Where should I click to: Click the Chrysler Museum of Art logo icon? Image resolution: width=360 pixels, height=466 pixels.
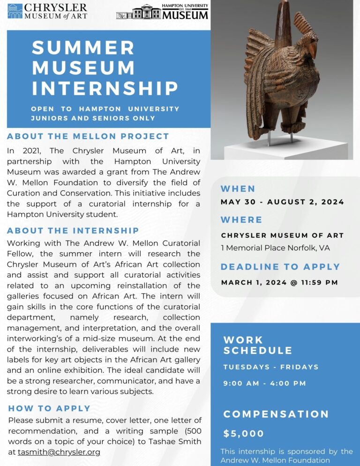(x=15, y=11)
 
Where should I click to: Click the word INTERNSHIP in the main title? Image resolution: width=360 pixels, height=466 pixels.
(x=105, y=88)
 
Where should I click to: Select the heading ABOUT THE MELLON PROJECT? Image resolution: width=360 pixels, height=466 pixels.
(x=88, y=136)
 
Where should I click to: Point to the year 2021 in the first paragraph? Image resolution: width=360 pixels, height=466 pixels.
(x=26, y=151)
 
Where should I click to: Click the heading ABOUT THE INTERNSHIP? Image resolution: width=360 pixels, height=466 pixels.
(x=73, y=231)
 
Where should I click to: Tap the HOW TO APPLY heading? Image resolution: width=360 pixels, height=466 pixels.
(x=49, y=408)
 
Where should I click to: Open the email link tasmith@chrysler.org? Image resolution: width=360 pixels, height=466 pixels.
(x=59, y=452)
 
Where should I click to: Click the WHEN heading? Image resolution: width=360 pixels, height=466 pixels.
(x=238, y=189)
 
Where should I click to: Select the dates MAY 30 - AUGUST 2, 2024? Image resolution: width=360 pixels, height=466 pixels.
(x=282, y=203)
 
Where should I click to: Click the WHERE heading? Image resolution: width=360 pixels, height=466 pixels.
(x=241, y=220)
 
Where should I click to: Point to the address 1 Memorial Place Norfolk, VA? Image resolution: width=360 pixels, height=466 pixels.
(x=275, y=248)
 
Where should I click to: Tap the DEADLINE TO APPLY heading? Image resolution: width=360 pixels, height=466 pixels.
(x=280, y=267)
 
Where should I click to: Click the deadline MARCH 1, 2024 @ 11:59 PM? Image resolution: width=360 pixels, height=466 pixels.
(x=279, y=283)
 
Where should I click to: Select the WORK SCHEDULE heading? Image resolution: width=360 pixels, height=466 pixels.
(x=257, y=345)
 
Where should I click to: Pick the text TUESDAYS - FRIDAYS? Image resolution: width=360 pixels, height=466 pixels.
(x=271, y=367)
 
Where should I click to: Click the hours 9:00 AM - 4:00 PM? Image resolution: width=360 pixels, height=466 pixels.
(x=264, y=383)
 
